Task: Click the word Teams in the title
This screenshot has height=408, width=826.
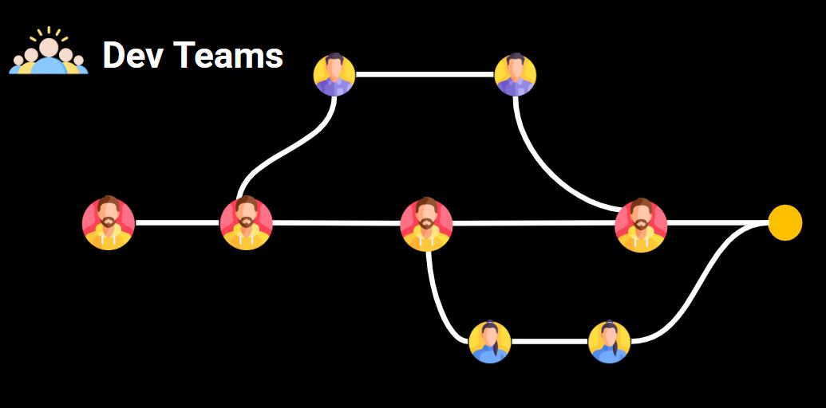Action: tap(228, 56)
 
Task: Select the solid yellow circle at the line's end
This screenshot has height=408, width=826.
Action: tap(785, 222)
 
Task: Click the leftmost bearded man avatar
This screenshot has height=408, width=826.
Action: tap(109, 223)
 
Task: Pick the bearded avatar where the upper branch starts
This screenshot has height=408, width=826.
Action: tap(246, 223)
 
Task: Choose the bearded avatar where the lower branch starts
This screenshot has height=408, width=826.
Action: tap(426, 224)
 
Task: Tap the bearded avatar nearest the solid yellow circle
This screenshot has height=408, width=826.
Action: tap(641, 225)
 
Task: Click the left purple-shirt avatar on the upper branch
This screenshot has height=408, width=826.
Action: tap(334, 75)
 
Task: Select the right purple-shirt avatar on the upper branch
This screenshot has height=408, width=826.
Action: tap(515, 75)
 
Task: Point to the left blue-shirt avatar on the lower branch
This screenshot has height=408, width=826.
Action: tap(489, 342)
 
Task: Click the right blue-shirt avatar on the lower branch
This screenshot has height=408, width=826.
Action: tap(609, 342)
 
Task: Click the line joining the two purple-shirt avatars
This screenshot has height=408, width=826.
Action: tap(425, 75)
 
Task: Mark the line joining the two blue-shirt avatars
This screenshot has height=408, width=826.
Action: tap(549, 342)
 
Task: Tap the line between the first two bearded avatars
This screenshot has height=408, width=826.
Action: tap(177, 223)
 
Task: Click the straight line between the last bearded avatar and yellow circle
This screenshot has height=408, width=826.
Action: tap(717, 223)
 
